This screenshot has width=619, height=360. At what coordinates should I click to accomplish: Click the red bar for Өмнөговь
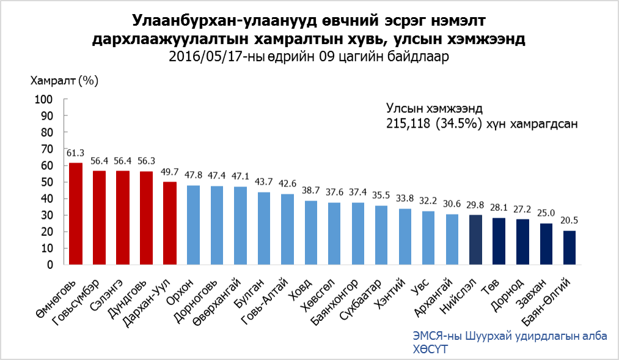(x=76, y=214)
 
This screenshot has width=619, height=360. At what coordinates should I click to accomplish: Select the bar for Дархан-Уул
(x=170, y=223)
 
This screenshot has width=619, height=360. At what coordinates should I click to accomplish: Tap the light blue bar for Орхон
(x=194, y=225)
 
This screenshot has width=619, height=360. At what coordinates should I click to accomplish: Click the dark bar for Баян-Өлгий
(x=570, y=248)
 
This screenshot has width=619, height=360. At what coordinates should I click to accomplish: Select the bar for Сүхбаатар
(x=382, y=235)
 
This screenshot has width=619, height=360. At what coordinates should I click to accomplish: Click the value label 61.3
(x=76, y=153)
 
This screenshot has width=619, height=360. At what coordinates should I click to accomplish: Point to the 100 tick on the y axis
(x=45, y=99)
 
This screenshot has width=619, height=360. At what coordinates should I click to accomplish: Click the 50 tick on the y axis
(x=48, y=182)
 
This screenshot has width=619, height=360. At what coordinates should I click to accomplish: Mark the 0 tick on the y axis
(x=51, y=265)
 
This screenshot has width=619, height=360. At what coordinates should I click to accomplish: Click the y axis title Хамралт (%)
(x=64, y=80)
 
